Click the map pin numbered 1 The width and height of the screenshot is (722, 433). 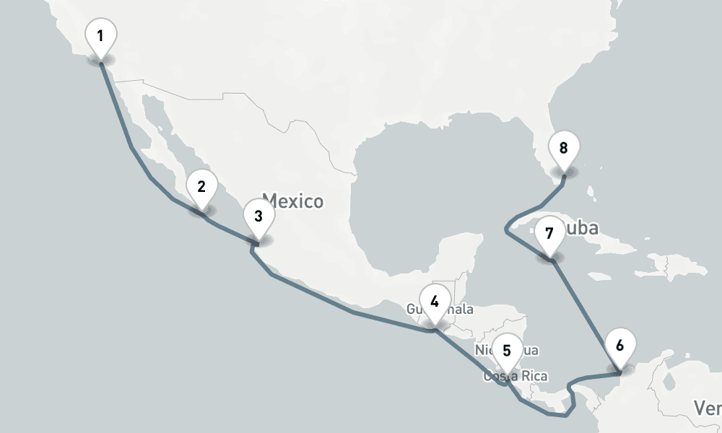pyautogui.click(x=100, y=36)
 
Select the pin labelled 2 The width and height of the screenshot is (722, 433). pyautogui.click(x=201, y=188)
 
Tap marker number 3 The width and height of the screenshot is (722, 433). pyautogui.click(x=258, y=216)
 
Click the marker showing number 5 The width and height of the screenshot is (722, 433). pyautogui.click(x=507, y=352)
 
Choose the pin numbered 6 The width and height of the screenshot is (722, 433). pyautogui.click(x=619, y=346)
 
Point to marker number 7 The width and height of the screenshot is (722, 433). pyautogui.click(x=549, y=235)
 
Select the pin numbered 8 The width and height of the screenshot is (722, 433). pyautogui.click(x=564, y=150)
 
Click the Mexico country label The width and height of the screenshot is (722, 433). pyautogui.click(x=293, y=201)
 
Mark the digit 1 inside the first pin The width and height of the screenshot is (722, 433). pyautogui.click(x=100, y=35)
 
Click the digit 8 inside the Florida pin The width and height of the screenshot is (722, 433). pyautogui.click(x=564, y=149)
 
